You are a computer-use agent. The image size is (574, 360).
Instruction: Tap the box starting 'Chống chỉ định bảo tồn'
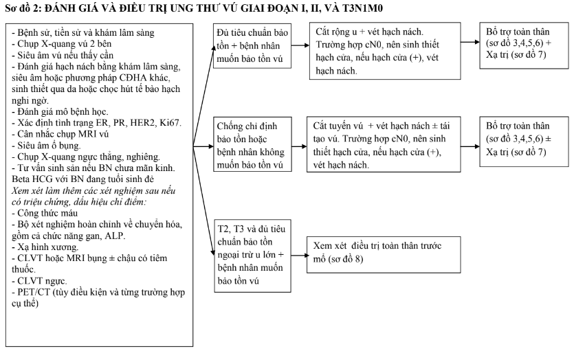tap(252, 146)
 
